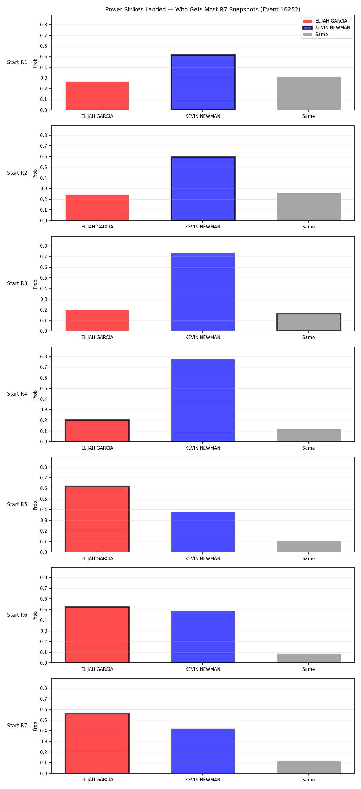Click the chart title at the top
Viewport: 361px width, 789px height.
point(202,10)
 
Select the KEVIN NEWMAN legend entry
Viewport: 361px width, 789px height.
point(326,28)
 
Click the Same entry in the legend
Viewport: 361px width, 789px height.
point(315,35)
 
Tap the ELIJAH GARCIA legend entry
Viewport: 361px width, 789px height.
point(325,21)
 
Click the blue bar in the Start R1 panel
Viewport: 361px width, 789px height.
point(203,82)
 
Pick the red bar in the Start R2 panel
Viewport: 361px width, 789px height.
point(97,208)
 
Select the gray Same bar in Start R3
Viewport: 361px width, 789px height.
point(309,322)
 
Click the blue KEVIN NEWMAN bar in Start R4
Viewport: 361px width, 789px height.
point(203,400)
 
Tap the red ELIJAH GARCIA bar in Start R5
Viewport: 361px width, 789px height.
point(97,519)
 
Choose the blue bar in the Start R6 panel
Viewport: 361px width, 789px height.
point(203,637)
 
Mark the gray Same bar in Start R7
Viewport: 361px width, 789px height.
point(309,767)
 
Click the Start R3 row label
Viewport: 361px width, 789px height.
point(17,283)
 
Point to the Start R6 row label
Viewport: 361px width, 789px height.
point(17,615)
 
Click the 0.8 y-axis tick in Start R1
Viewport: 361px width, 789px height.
point(44,25)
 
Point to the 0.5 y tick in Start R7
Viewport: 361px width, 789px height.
point(44,720)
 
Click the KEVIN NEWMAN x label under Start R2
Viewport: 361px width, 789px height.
point(202,227)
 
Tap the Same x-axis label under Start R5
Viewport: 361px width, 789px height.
point(309,559)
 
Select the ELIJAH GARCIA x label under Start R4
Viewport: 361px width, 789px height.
point(97,448)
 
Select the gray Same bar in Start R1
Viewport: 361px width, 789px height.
point(309,93)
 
